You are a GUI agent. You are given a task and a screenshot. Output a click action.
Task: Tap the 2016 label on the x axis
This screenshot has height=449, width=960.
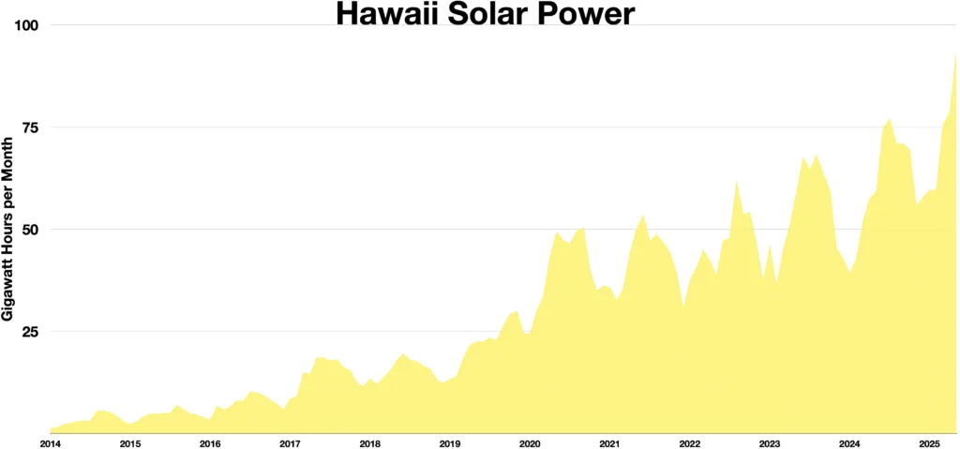click(x=210, y=442)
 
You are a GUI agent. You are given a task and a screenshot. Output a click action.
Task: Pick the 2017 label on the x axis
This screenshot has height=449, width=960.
click(x=290, y=442)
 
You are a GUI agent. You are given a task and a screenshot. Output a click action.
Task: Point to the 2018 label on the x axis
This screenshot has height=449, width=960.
click(x=369, y=442)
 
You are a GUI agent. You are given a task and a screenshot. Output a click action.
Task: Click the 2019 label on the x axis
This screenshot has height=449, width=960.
click(x=450, y=442)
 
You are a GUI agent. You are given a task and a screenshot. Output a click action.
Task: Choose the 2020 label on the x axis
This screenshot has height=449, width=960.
click(x=530, y=442)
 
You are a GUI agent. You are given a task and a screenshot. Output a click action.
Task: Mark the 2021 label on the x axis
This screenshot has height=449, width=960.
click(x=609, y=442)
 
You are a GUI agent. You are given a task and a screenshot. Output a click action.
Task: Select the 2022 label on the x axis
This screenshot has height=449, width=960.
click(x=690, y=442)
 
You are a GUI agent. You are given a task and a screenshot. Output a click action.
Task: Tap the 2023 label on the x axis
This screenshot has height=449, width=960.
click(x=770, y=442)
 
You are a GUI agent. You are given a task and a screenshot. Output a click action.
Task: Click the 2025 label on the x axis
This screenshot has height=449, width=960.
click(x=929, y=442)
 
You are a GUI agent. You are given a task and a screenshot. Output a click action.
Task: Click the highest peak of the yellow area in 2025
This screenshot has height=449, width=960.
click(x=955, y=53)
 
